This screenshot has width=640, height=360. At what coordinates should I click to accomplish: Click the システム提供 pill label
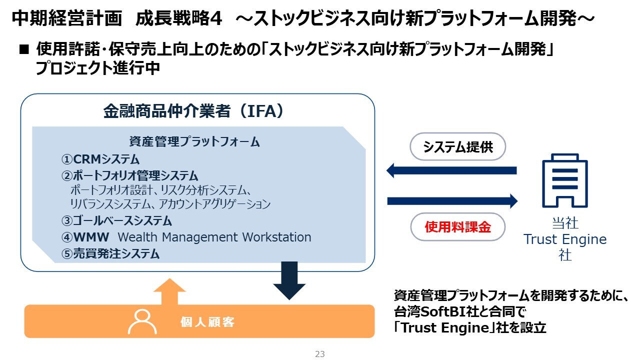(x=458, y=146)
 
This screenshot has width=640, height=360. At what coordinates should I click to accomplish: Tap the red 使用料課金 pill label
(x=458, y=227)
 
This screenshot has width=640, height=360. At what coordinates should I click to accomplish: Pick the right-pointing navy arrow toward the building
(x=452, y=201)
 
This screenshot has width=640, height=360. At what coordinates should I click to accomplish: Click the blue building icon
(x=565, y=180)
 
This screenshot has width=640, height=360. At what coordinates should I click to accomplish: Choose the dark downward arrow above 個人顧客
(x=289, y=280)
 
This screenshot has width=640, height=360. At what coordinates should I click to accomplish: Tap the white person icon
(x=142, y=321)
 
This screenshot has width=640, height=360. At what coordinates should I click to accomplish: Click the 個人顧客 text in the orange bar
(x=207, y=322)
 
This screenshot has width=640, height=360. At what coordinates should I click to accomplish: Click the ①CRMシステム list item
(x=100, y=159)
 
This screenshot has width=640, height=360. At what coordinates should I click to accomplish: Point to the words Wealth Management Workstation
(x=214, y=237)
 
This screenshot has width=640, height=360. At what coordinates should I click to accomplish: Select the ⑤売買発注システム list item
(x=110, y=253)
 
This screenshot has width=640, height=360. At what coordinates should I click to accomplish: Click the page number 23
(x=320, y=354)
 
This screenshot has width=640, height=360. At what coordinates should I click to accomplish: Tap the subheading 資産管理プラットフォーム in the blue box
(x=194, y=142)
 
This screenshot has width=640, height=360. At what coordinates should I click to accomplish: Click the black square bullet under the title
(x=24, y=50)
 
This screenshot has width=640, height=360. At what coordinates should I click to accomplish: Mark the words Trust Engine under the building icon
(x=565, y=239)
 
